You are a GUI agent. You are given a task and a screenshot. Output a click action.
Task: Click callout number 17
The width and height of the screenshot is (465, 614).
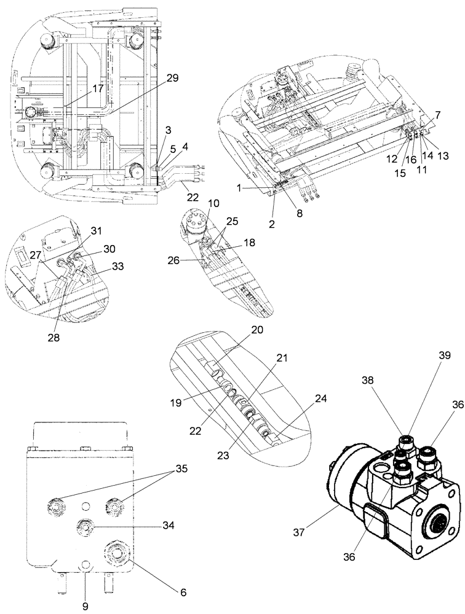(x=98, y=88)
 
